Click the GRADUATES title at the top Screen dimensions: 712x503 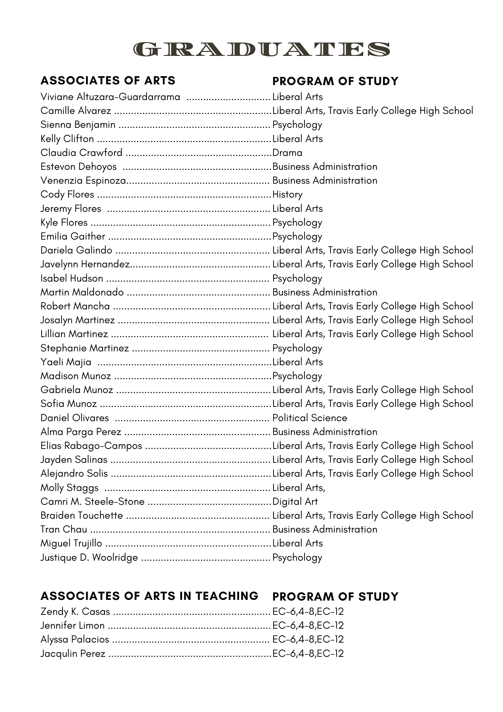[x=261, y=49]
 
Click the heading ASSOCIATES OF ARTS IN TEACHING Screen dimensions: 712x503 [x=149, y=596]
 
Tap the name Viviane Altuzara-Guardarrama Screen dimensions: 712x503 [x=110, y=97]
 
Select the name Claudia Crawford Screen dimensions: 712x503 [x=81, y=153]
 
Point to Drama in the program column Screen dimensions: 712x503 [x=287, y=153]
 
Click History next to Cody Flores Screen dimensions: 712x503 [x=287, y=194]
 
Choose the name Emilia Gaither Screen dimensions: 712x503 [x=73, y=236]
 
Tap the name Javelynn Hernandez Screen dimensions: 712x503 [x=85, y=264]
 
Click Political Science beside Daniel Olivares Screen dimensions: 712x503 [x=310, y=418]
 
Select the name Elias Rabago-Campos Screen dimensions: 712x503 [x=91, y=446]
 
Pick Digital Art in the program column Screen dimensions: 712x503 [x=295, y=502]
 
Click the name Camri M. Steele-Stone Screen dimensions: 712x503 [x=92, y=502]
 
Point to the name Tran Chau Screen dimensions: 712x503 [x=64, y=529]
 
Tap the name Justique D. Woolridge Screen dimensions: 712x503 [x=89, y=557]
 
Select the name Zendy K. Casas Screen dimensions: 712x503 [x=75, y=612]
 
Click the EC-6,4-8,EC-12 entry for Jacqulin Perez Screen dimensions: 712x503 [x=308, y=654]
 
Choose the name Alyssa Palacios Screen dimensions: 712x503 [x=75, y=639]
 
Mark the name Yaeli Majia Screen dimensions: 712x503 [x=66, y=362]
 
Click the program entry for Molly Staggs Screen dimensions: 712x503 [x=299, y=488]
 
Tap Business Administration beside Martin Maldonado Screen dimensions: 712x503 [x=325, y=292]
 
